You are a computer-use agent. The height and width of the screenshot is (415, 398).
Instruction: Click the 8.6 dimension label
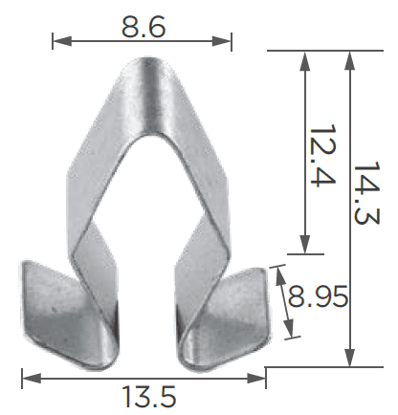[144, 27]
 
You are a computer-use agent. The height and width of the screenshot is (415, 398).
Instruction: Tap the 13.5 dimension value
[148, 396]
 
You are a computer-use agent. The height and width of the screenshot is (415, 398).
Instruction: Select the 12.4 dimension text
[322, 156]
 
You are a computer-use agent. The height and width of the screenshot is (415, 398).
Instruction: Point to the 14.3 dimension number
[366, 193]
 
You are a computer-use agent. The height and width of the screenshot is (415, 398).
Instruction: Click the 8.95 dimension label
[318, 296]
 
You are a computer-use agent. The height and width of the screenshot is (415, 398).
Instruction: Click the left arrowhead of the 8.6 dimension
[62, 41]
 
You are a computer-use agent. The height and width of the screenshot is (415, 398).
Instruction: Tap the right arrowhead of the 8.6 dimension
[222, 41]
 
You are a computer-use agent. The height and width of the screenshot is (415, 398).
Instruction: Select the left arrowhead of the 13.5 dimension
[32, 379]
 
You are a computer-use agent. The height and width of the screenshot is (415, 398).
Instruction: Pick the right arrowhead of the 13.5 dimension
[256, 379]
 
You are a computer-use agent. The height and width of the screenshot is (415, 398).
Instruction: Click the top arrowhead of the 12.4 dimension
[305, 60]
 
